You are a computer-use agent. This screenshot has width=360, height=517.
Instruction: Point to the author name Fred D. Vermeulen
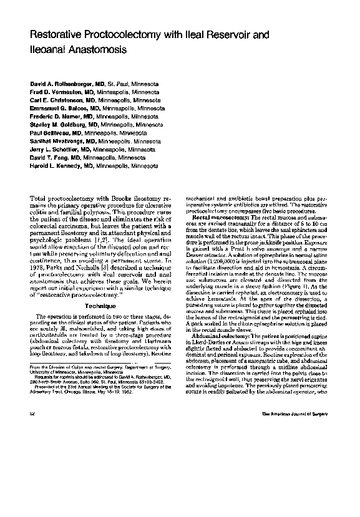[x=57, y=91]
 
